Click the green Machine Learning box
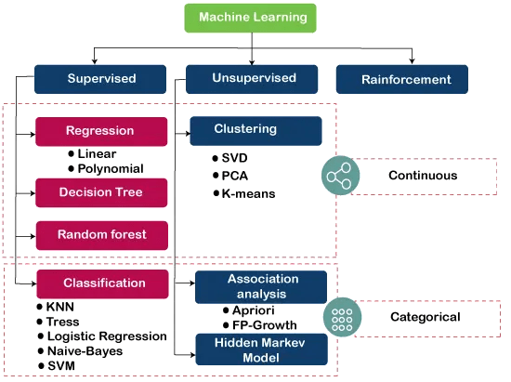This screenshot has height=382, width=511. (x=250, y=19)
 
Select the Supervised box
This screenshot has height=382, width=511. (x=101, y=79)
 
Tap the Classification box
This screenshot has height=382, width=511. (x=104, y=283)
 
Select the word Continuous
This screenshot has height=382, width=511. (x=410, y=175)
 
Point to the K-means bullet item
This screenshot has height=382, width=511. (x=242, y=193)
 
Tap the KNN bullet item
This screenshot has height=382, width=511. (x=61, y=305)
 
